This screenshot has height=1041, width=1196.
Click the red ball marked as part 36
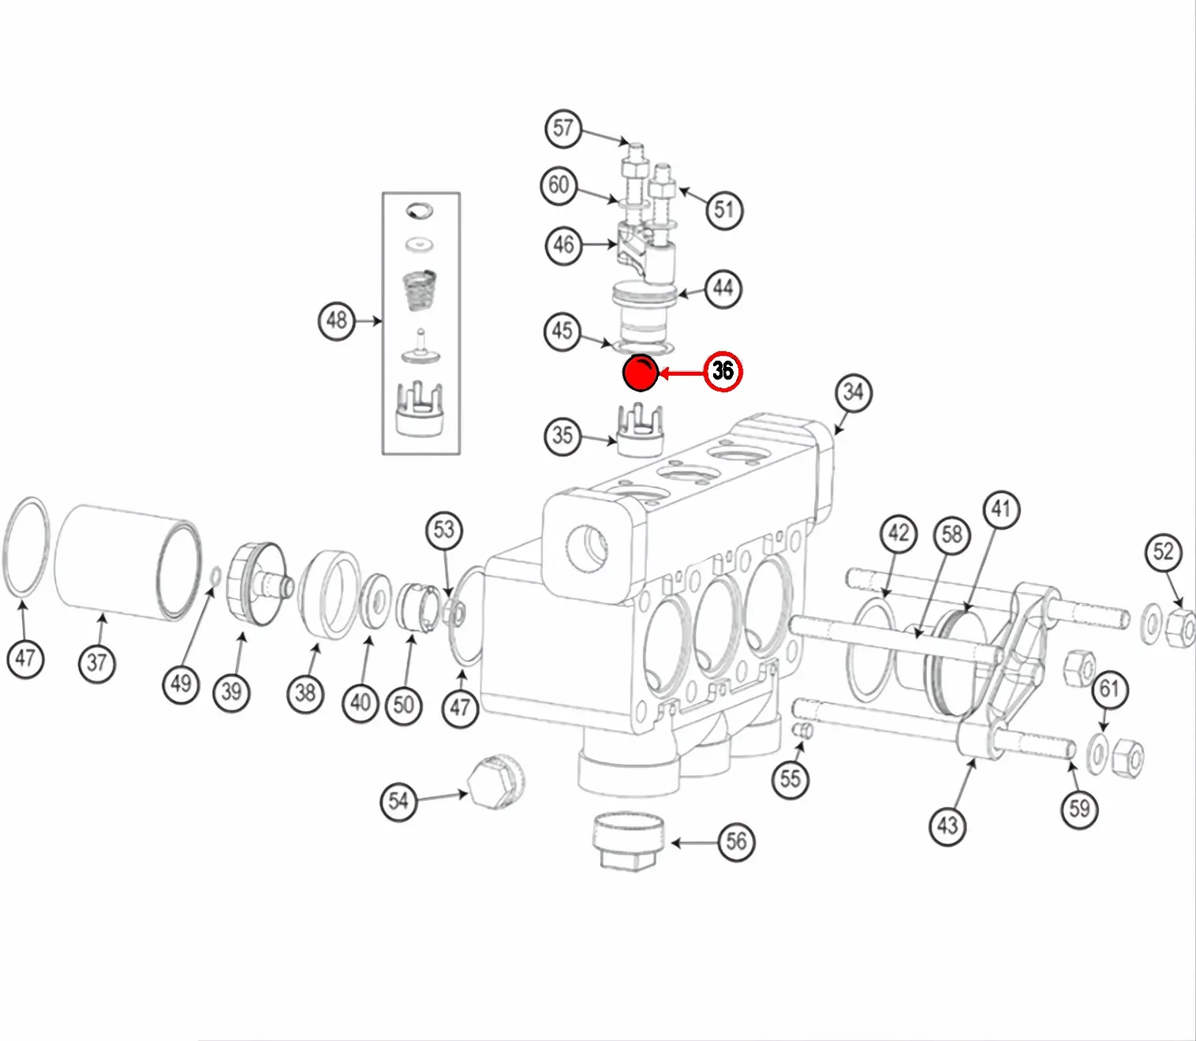[640, 373]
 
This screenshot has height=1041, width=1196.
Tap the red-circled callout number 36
[723, 371]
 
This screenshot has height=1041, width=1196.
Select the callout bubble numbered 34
[853, 392]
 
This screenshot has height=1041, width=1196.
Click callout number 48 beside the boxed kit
[337, 320]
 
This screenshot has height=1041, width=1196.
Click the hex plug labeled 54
[495, 782]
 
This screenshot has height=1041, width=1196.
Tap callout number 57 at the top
[562, 128]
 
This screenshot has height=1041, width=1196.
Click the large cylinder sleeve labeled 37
[126, 562]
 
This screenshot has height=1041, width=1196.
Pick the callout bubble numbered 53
[444, 530]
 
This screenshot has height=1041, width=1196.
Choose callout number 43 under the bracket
[947, 826]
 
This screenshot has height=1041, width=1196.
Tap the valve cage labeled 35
[638, 432]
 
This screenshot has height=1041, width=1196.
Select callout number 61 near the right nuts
[1109, 689]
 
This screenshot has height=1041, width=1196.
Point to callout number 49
[181, 683]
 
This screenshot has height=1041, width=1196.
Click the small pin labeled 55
[803, 731]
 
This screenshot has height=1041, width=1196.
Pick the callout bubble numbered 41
[1000, 510]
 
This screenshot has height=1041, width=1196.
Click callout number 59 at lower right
[1079, 808]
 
